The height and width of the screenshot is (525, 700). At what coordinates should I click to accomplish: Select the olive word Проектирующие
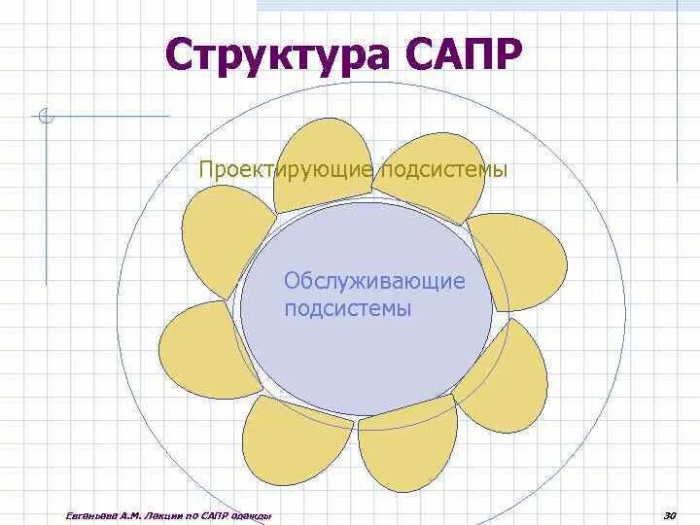[286, 170]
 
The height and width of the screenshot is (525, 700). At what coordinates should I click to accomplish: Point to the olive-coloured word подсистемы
[443, 170]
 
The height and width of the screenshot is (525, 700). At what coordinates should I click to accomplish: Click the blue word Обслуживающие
[374, 282]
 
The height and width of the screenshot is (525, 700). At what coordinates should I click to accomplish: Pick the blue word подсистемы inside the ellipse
[348, 309]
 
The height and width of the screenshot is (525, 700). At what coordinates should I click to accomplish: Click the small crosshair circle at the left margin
[45, 120]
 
